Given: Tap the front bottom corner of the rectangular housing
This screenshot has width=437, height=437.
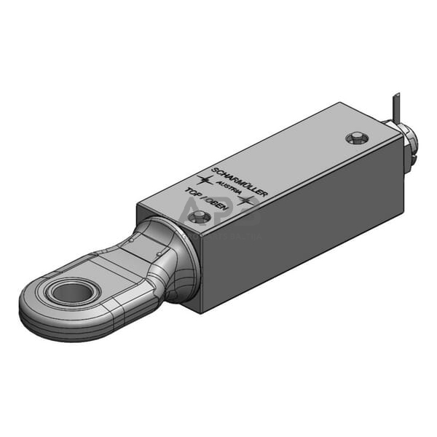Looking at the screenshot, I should (200, 312).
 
